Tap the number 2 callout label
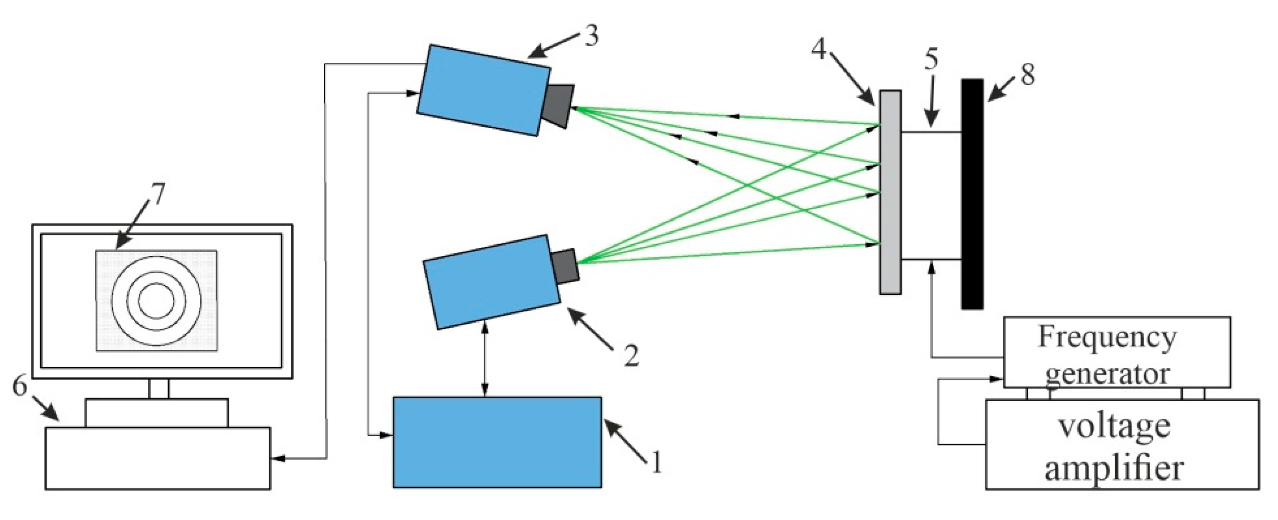[630, 355]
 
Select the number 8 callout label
[1027, 75]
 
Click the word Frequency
[1107, 337]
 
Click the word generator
[1107, 373]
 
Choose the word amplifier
[1114, 468]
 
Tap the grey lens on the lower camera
[565, 267]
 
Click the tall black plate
[972, 194]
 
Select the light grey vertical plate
[890, 192]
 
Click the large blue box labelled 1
[497, 442]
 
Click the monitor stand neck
[159, 388]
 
